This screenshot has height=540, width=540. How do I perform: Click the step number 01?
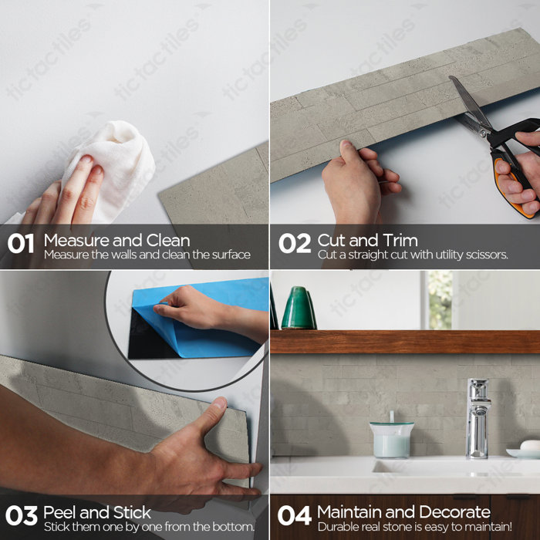pos(21,245)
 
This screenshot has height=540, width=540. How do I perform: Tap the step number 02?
pos(294,245)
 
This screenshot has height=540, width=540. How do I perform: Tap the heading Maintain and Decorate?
pos(403,512)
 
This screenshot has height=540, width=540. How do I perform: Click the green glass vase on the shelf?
pos(299,309)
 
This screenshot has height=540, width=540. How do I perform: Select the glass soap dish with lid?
pos(391,439)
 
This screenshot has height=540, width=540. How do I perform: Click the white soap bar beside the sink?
pos(529,445)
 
